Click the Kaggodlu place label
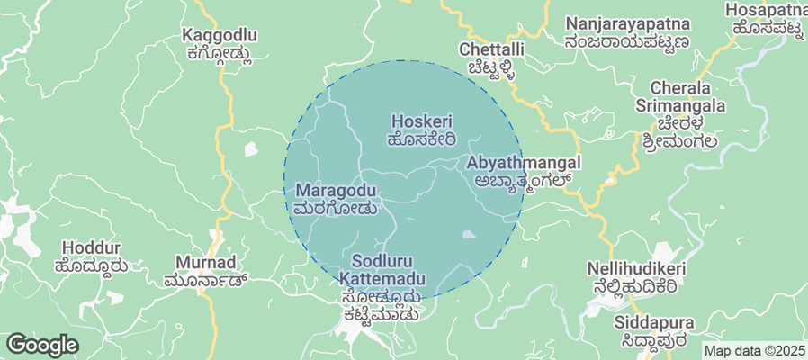220,36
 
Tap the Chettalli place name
490,49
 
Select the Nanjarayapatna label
627,23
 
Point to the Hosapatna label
764,10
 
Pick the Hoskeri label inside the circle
422,121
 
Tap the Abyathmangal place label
524,163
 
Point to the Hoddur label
90,247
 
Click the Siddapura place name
651,321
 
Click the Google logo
42,344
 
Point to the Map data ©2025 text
754,351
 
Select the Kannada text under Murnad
206,281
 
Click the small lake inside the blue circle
470,235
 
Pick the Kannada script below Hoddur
90,265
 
